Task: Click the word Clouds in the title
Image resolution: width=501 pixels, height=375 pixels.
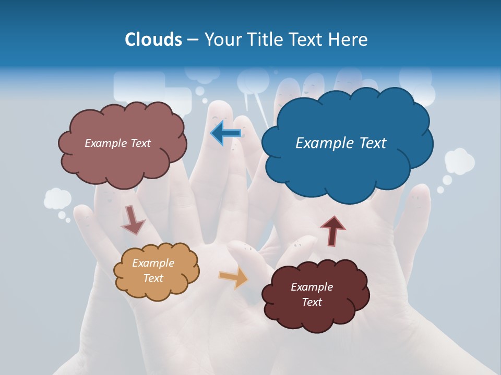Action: (153, 40)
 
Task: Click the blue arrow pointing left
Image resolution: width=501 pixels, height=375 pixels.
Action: (225, 133)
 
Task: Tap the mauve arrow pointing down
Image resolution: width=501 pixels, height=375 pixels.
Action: (133, 219)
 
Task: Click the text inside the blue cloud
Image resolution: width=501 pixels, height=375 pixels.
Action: (341, 143)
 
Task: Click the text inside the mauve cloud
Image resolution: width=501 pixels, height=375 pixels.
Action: (117, 143)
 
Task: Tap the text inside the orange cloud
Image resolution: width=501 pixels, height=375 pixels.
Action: (153, 270)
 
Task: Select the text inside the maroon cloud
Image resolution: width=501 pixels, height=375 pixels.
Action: (312, 294)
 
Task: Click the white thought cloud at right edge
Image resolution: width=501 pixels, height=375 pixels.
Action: (459, 161)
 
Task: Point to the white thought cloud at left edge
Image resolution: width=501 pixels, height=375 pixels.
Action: (57, 199)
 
